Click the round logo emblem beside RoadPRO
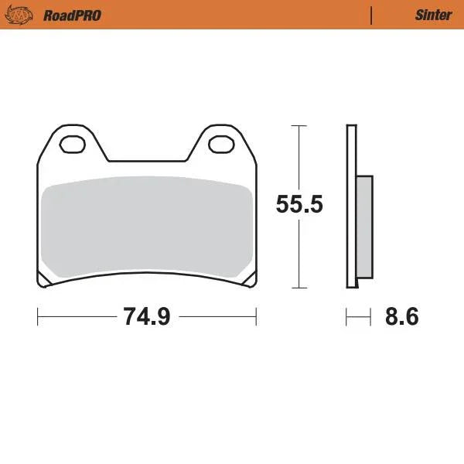tap(24, 15)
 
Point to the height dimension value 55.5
tap(299, 205)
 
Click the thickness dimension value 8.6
tap(401, 316)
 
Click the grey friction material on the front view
tap(147, 228)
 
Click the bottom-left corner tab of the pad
tap(45, 280)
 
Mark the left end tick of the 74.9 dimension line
tap(38, 316)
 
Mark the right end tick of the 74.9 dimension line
tap(256, 316)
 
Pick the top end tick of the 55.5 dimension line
tap(299, 125)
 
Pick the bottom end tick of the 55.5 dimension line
tap(299, 288)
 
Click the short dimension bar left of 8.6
tap(355, 316)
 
